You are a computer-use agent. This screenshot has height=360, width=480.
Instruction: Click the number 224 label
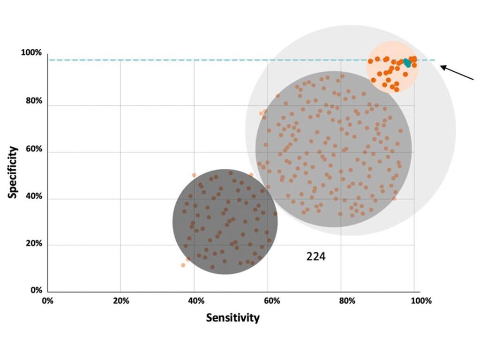click(315, 257)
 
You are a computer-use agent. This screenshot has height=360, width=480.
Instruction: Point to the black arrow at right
click(457, 73)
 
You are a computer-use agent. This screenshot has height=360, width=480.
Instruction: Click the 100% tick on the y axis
click(31, 53)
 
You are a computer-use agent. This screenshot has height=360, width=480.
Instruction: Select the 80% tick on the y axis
click(33, 101)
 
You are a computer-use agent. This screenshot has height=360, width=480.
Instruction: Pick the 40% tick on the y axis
click(33, 196)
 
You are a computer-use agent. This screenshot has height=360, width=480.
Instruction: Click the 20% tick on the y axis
click(33, 244)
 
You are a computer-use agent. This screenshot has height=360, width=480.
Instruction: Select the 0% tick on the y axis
click(36, 291)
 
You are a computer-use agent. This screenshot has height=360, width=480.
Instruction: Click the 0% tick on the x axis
click(47, 301)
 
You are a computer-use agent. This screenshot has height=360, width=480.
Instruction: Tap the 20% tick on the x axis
click(121, 301)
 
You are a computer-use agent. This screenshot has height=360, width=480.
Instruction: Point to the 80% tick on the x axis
click(346, 301)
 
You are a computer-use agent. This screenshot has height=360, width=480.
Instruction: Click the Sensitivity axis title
click(232, 318)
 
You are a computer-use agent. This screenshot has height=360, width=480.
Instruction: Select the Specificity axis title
click(13, 172)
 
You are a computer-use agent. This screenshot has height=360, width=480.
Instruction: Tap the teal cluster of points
click(407, 62)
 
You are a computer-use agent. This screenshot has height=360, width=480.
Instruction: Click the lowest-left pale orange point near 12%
click(183, 265)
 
